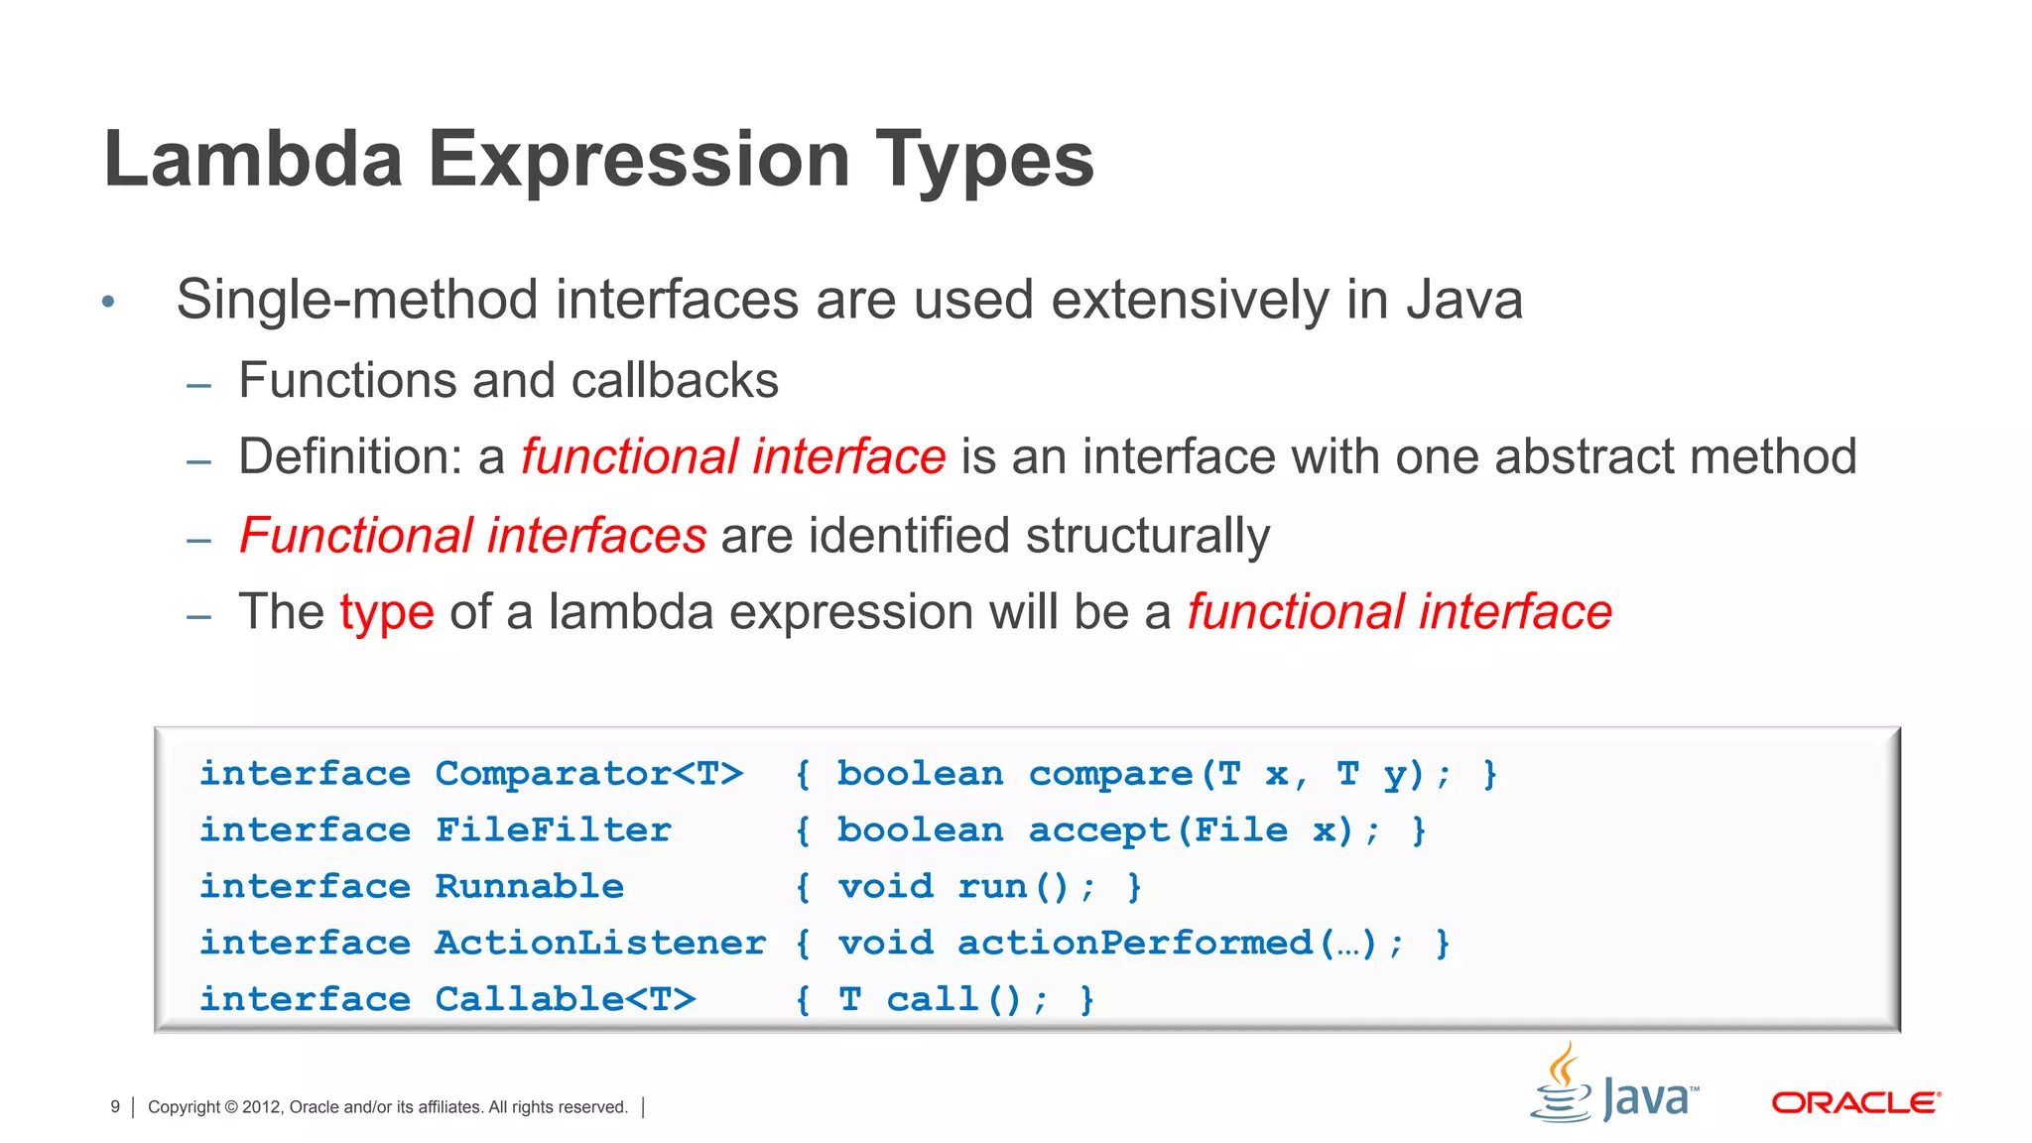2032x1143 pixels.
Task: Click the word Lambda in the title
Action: (253, 159)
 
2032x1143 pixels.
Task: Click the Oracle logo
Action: (1855, 1102)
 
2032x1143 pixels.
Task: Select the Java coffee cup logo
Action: (1563, 1086)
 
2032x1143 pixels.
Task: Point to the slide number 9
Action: (115, 1106)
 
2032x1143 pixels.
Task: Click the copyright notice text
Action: (387, 1106)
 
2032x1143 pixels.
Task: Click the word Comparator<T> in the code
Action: (588, 773)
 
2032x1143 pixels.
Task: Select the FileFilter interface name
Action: (553, 829)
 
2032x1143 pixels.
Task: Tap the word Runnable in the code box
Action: (529, 886)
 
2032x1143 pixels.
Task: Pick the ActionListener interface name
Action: (599, 943)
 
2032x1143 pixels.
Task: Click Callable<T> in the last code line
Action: (565, 999)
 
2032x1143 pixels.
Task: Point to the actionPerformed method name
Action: (1134, 943)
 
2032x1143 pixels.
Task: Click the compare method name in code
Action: (1110, 774)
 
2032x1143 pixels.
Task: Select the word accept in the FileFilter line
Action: (1098, 830)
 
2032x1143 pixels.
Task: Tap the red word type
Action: (387, 612)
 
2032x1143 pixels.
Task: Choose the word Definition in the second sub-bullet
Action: (350, 457)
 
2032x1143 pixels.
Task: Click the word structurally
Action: (1147, 536)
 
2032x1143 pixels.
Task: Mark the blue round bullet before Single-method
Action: (109, 302)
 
